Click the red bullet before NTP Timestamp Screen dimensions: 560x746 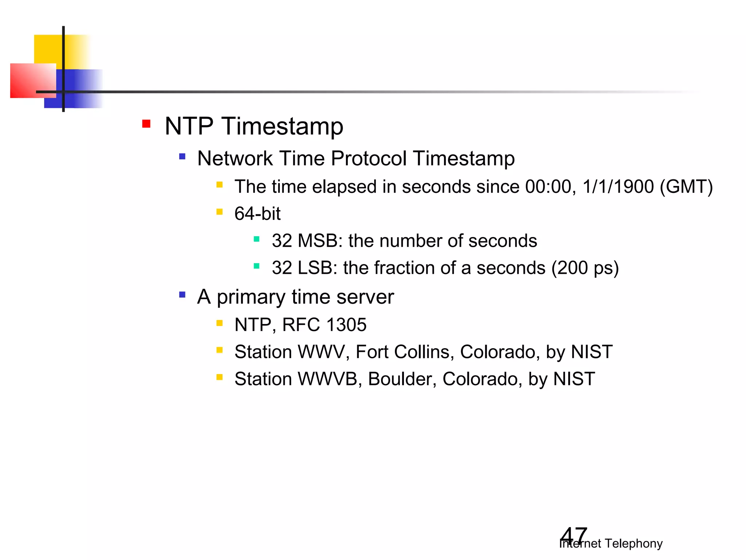pyautogui.click(x=146, y=124)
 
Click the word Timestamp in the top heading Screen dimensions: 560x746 pyautogui.click(x=282, y=127)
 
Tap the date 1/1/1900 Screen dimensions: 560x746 pyautogui.click(x=618, y=187)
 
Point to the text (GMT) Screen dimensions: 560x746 pyautogui.click(x=686, y=187)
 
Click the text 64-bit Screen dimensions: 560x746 pyautogui.click(x=257, y=214)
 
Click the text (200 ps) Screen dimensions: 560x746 pyautogui.click(x=585, y=268)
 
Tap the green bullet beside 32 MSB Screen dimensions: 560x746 pyautogui.click(x=256, y=239)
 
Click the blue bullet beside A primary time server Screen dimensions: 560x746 pyautogui.click(x=182, y=295)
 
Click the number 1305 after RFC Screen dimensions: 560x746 pyautogui.click(x=346, y=325)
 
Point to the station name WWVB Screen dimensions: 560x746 pyautogui.click(x=327, y=379)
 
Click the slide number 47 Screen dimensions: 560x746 pyautogui.click(x=573, y=535)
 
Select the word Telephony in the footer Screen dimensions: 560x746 pyautogui.click(x=633, y=544)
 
